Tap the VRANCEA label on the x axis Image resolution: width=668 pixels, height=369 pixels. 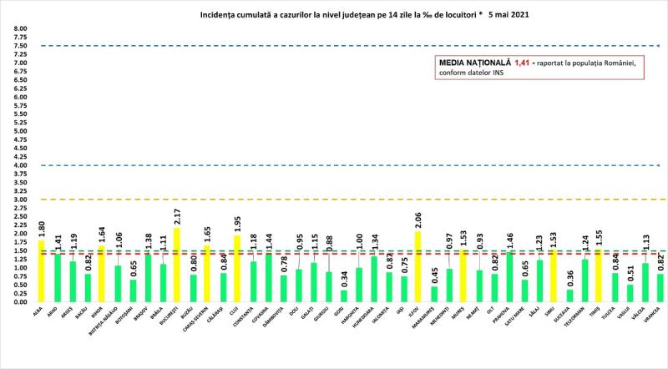coord(657,317)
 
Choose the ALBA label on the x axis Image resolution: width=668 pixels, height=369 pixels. coord(40,311)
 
